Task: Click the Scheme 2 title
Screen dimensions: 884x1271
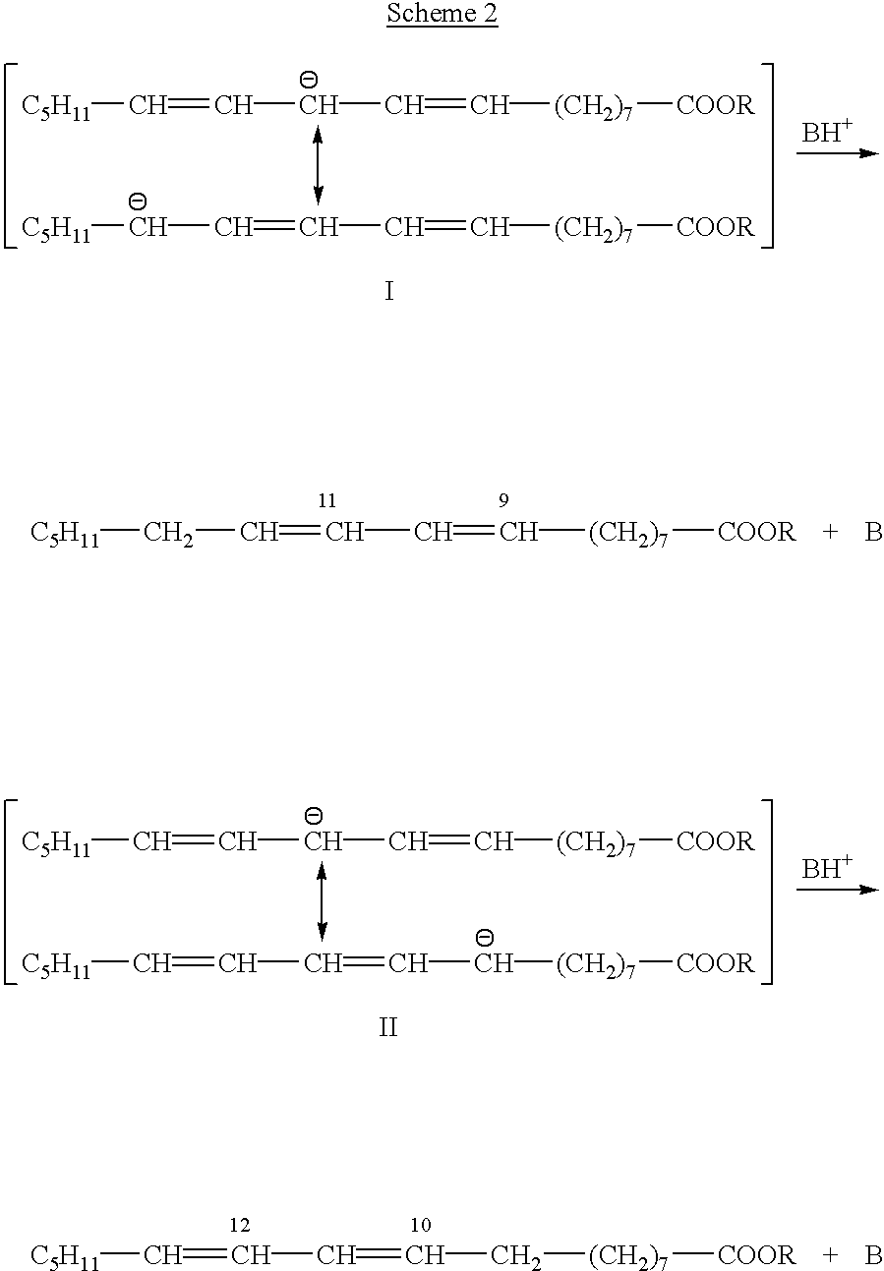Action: click(x=442, y=15)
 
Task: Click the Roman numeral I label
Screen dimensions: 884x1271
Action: click(x=389, y=292)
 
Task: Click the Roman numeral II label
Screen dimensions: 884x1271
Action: click(x=388, y=1028)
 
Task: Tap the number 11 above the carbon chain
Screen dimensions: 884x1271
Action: click(x=327, y=501)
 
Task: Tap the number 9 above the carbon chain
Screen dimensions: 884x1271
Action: click(x=503, y=501)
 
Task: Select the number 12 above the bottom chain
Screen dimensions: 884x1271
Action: click(x=240, y=1225)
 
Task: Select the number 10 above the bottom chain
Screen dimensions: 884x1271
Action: click(x=421, y=1225)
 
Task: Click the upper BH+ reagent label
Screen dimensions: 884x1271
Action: click(x=826, y=133)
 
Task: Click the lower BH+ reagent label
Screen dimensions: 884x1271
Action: click(x=826, y=868)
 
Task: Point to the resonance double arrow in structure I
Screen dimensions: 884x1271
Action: click(x=318, y=167)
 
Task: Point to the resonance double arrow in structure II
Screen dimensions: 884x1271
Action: click(x=322, y=902)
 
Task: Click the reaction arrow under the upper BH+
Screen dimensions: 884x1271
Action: click(x=836, y=154)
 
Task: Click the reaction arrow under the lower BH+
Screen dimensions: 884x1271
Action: click(x=836, y=890)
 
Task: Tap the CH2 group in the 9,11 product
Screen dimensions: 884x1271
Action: click(x=167, y=534)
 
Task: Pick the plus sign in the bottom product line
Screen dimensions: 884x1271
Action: click(x=830, y=1255)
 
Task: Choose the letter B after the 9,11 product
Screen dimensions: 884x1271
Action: click(x=872, y=534)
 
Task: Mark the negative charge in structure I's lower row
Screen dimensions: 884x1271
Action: click(x=138, y=202)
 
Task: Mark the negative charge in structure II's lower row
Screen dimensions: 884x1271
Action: click(x=484, y=937)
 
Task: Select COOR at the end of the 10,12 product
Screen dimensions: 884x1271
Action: click(x=756, y=1256)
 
